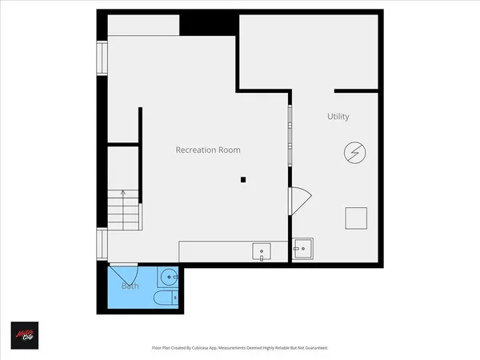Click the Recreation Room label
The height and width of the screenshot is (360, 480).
click(208, 150)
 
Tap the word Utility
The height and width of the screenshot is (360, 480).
click(338, 117)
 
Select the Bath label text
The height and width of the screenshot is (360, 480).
click(130, 286)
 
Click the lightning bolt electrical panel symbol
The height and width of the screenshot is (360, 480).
click(354, 152)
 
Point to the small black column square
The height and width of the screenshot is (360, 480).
click(243, 180)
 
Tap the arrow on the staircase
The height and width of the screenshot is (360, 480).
click(122, 193)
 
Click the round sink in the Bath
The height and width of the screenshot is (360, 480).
click(168, 278)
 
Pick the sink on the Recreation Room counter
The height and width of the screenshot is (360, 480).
click(262, 252)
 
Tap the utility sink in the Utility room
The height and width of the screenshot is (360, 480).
click(303, 250)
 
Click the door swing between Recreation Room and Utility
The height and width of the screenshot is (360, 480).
click(298, 200)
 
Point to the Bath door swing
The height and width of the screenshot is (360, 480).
click(122, 273)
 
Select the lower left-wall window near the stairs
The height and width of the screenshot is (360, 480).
click(102, 243)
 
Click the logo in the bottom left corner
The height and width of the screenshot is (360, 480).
click(24, 335)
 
